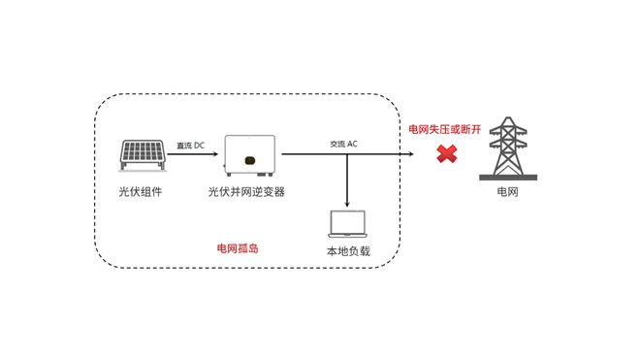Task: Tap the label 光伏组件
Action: point(141,192)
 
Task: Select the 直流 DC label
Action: point(190,146)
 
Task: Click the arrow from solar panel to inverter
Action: point(194,153)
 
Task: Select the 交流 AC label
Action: point(343,145)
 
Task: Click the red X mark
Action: point(446,153)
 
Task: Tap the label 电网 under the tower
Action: point(507,192)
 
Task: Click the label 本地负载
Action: point(348,252)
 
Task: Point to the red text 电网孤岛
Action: point(238,248)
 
